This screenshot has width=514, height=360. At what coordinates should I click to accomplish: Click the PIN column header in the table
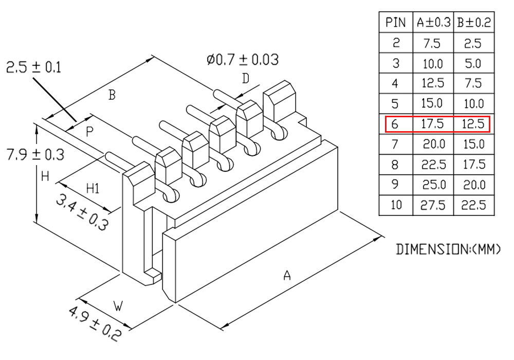point(396,22)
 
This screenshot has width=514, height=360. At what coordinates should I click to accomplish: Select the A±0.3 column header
point(433,22)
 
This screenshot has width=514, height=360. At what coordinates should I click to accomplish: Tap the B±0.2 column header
point(474,22)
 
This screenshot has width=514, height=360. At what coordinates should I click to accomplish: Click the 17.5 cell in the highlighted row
point(432,124)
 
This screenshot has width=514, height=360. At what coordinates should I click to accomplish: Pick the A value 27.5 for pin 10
point(433,205)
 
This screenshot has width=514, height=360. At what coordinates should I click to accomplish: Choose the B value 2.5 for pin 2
point(473,43)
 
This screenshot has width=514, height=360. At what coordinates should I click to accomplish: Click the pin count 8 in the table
point(395,165)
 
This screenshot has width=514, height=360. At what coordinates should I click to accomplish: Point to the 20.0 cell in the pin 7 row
point(434,145)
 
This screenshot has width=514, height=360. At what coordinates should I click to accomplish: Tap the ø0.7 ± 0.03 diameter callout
point(243,60)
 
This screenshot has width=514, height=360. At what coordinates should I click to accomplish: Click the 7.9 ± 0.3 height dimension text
point(35,154)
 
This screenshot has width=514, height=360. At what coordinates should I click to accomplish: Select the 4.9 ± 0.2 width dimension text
point(95,323)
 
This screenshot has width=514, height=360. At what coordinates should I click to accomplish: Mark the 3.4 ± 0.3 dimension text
point(82,212)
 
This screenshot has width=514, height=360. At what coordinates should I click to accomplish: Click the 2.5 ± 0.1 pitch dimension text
point(34,67)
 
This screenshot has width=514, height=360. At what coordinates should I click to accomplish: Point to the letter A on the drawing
point(287,276)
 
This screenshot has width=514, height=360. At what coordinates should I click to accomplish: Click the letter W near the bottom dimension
point(118,306)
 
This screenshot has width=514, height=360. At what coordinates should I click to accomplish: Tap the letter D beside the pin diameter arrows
point(246,79)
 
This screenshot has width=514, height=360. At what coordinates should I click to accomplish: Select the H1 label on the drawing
point(93,189)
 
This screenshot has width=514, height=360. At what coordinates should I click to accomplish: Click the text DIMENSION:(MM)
point(448,249)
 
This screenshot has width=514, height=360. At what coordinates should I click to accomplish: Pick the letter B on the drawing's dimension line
point(112,95)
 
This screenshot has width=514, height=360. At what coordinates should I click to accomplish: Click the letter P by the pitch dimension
point(89,132)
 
